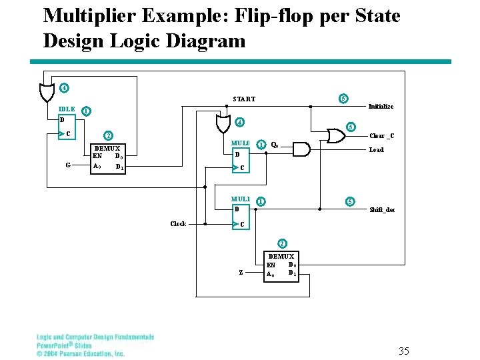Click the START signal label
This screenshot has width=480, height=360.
point(244,99)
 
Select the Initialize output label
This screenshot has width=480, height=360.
point(381,107)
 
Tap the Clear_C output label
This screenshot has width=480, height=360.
point(382,137)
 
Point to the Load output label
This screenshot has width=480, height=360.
point(376,150)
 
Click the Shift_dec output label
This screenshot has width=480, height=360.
point(382,210)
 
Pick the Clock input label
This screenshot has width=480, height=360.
point(178,224)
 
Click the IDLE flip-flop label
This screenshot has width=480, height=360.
point(67,109)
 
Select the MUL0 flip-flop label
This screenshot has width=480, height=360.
point(240,143)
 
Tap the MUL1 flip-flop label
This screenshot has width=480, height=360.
point(240,199)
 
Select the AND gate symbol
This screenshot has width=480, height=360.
point(301,149)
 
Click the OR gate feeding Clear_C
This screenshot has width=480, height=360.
point(335,136)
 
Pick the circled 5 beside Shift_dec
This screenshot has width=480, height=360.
point(349,201)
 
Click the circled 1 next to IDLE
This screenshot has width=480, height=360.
point(86,111)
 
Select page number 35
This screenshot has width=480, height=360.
point(403,351)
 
